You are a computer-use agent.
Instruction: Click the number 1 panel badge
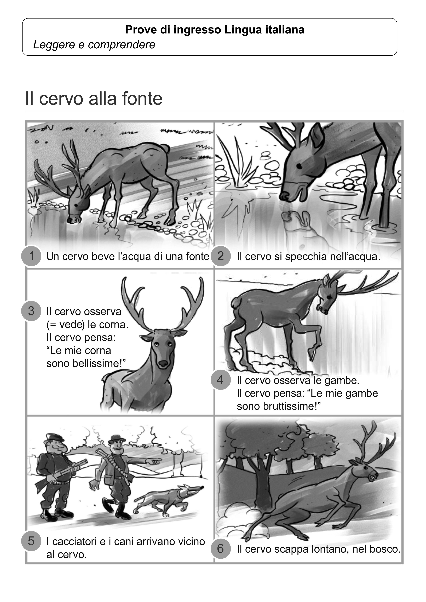click(x=31, y=256)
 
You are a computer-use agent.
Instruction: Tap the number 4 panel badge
click(x=220, y=380)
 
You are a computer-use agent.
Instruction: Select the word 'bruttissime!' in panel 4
click(x=279, y=406)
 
